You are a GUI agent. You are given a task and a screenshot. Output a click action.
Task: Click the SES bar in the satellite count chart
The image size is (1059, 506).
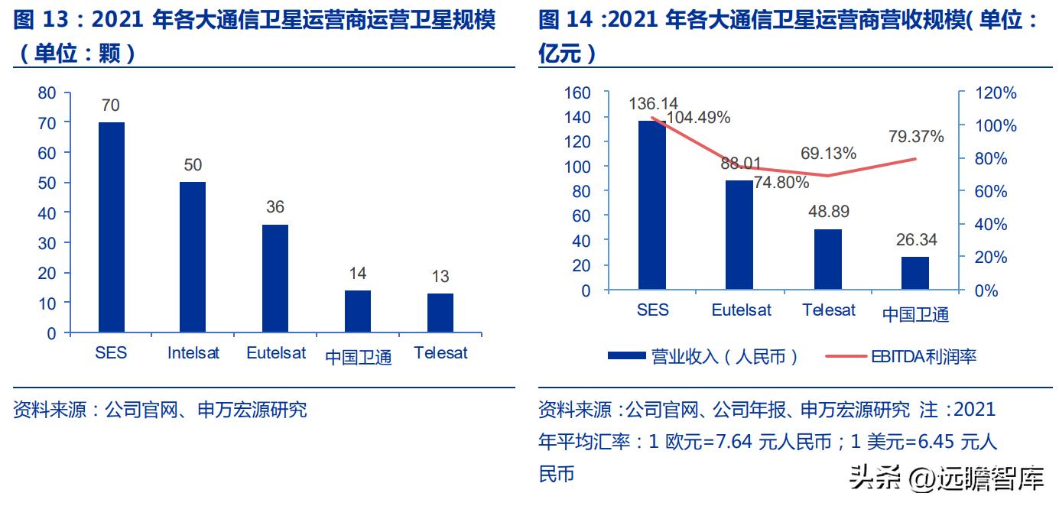point(112,227)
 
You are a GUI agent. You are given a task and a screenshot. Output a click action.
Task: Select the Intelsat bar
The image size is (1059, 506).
point(193,257)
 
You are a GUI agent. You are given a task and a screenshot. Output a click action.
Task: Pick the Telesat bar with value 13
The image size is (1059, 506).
point(440,313)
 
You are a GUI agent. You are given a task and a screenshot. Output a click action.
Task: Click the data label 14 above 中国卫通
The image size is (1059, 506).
point(358,274)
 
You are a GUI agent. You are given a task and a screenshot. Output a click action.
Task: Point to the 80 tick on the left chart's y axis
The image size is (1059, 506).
point(47,92)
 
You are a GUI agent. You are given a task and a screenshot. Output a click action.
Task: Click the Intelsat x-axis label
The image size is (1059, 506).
point(193,353)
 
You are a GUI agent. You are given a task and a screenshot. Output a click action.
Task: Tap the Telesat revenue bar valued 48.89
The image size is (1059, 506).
point(828,259)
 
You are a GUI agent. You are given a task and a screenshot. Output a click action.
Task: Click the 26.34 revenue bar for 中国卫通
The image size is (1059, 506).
point(915,273)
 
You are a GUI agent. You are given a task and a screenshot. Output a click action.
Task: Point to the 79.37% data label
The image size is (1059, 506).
point(916,137)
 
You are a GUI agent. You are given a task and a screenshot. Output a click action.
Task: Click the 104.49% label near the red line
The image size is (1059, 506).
point(698,118)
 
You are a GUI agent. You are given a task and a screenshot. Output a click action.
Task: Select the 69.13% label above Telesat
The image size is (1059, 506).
point(828,153)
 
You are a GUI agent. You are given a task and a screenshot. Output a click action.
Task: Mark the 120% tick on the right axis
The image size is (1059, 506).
point(996,93)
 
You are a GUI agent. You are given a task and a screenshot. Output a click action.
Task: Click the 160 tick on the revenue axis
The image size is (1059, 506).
point(577,92)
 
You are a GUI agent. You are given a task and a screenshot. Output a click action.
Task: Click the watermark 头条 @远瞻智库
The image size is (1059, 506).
point(947,479)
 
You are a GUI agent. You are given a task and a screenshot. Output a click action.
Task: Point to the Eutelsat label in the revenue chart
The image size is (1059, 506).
point(741,310)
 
